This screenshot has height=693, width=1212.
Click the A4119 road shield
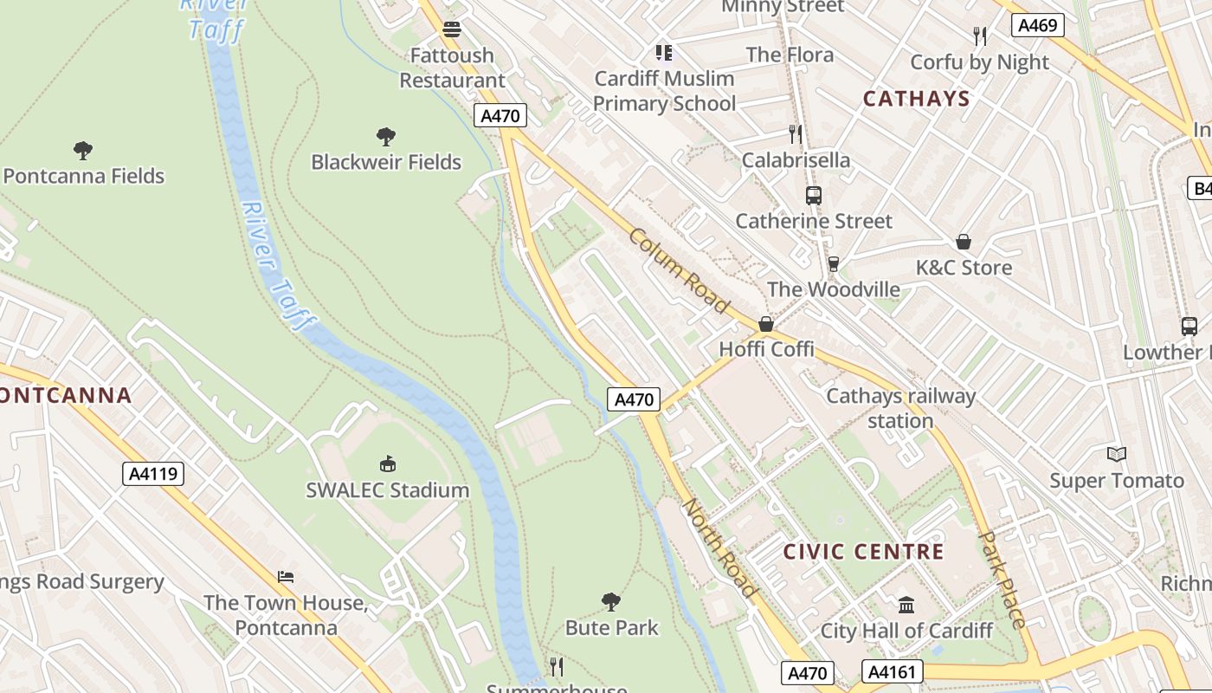pos(152,474)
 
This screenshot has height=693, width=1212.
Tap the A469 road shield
pos(1037,25)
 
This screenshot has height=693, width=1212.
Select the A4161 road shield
pos(893,671)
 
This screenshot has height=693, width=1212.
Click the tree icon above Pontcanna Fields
pos(83,151)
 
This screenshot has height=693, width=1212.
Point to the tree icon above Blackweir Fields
pos(386,136)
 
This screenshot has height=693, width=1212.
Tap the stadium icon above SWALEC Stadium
pos(388,464)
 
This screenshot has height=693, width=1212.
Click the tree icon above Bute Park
pos(611,601)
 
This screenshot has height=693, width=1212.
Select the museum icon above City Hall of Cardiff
pos(906,605)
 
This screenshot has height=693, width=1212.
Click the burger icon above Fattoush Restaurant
pos(451,29)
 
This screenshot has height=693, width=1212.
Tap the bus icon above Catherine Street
pos(814,196)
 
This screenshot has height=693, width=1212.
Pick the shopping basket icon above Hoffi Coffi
pos(766,324)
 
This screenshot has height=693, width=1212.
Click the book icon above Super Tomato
pos(1117,454)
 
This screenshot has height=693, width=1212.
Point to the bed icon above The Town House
pos(286,577)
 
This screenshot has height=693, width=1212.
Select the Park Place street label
pos(1002,579)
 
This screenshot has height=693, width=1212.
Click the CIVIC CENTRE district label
pos(863,552)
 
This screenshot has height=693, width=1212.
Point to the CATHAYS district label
pos(916,98)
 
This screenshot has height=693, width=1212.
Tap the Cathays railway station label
pos(900,408)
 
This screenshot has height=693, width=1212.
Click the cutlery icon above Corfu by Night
pos(980,36)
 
